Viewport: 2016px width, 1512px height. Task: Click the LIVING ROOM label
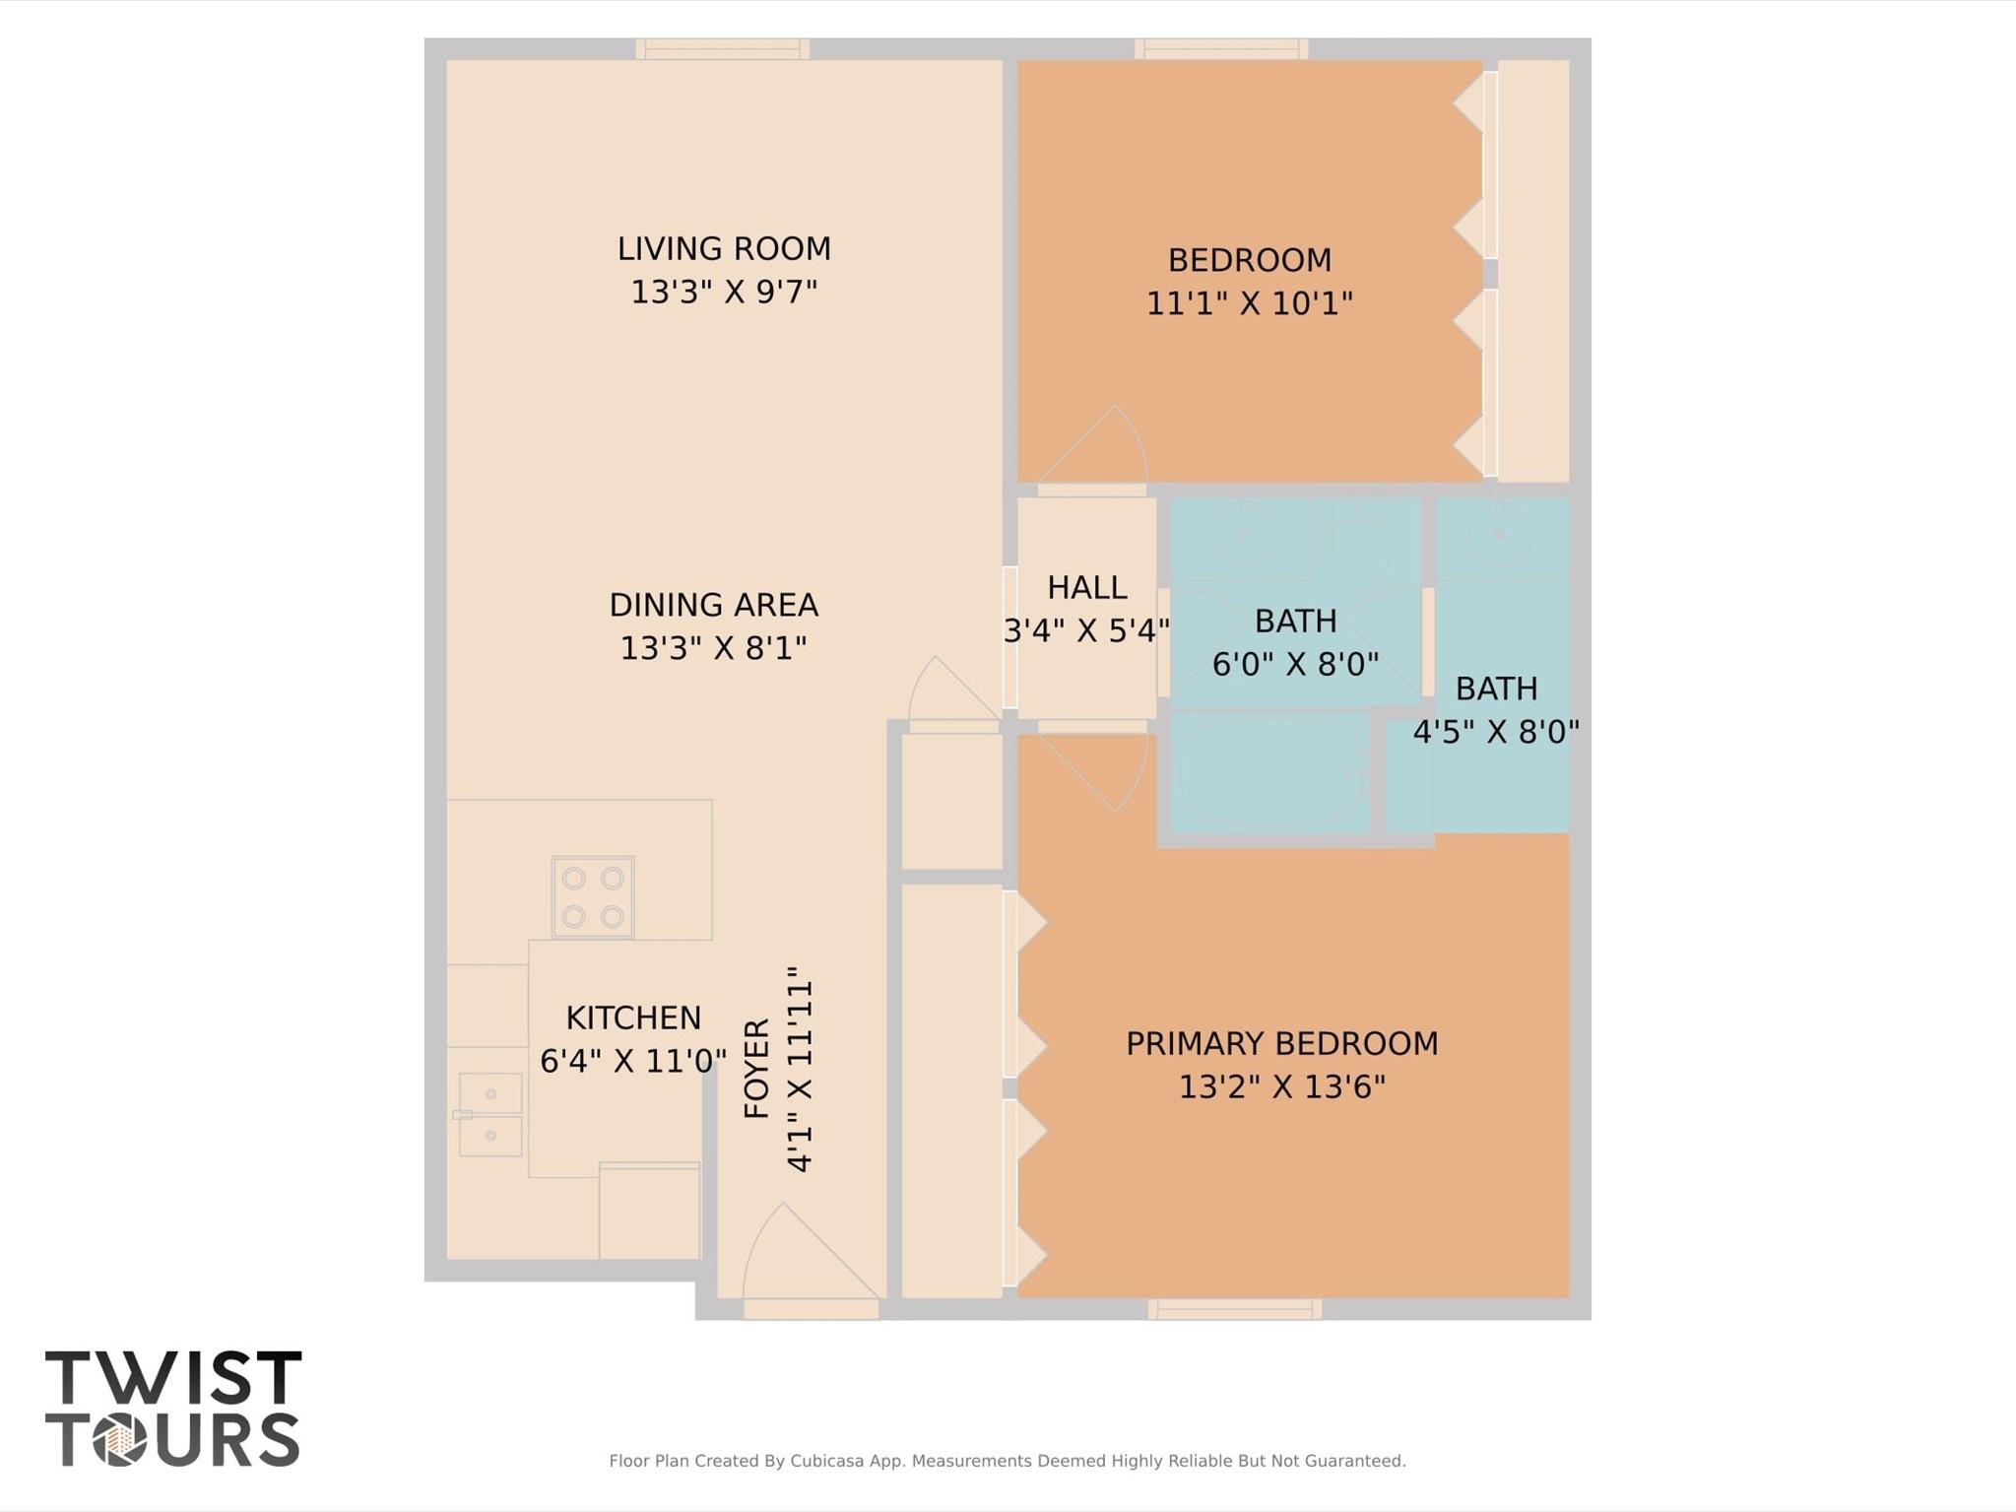coord(724,249)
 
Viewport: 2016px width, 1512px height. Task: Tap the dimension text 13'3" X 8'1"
coord(713,648)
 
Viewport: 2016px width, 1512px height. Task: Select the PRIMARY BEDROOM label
coord(1281,1043)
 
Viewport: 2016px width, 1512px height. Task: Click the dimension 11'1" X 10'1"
coord(1249,303)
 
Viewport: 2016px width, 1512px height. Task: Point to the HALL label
coord(1086,588)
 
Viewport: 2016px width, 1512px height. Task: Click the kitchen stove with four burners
coord(593,896)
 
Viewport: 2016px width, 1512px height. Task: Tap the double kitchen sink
coord(490,1114)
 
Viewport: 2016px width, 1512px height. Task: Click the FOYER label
coord(756,1069)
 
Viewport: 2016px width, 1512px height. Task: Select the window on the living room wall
coord(722,49)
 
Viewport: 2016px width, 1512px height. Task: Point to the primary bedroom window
coord(1234,1309)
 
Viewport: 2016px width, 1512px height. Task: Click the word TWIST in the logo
coord(173,1378)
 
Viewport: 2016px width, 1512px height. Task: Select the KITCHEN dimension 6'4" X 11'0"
coord(633,1061)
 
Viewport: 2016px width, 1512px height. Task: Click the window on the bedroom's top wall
coord(1221,49)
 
